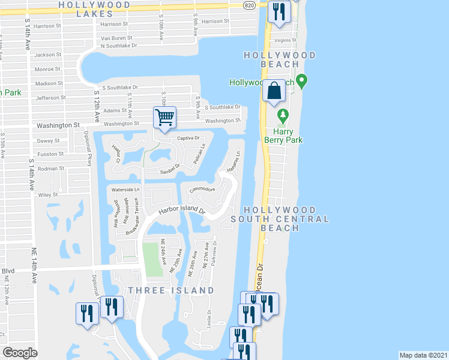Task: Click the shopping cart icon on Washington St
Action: (164, 117)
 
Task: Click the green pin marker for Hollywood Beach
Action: (302, 80)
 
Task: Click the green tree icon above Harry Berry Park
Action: (280, 114)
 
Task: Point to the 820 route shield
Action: (250, 4)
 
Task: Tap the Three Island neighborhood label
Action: (170, 290)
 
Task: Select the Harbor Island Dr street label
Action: (182, 211)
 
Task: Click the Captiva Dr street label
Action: (187, 138)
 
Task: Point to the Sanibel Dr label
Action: (170, 170)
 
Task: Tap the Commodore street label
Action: (202, 190)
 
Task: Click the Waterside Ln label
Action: (126, 189)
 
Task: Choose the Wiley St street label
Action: (47, 194)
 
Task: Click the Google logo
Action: (20, 353)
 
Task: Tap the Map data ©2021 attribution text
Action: (423, 355)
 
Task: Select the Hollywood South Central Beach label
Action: (288, 219)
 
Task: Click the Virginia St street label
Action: (285, 40)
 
